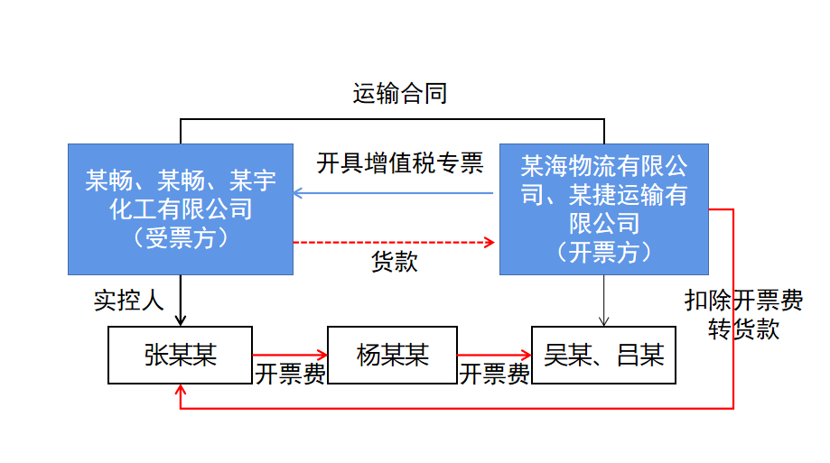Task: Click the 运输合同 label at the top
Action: [399, 93]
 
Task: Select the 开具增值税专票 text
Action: [400, 163]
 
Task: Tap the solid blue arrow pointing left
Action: [395, 193]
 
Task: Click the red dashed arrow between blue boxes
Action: [395, 242]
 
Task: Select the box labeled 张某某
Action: [181, 355]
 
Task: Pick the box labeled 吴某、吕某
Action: [603, 355]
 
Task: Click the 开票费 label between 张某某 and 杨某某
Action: [290, 375]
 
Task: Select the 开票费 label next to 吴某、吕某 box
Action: [495, 375]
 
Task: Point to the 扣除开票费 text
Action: [743, 301]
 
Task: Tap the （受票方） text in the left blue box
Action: [181, 237]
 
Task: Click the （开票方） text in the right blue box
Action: [603, 251]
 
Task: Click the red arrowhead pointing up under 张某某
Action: [182, 391]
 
